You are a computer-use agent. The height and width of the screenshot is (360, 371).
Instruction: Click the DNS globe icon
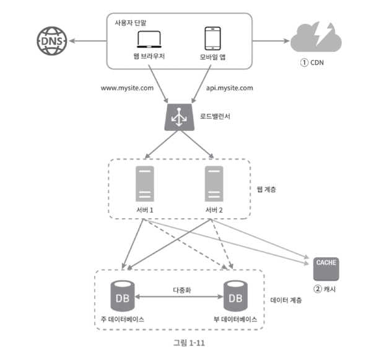click(x=52, y=41)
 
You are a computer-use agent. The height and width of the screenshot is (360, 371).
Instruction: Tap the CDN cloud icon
click(x=316, y=37)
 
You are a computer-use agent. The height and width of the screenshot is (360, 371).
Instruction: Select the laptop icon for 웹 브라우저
click(x=149, y=39)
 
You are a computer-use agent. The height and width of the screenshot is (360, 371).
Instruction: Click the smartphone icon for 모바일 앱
click(x=212, y=38)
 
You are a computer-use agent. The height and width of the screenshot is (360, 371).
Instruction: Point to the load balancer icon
click(x=180, y=117)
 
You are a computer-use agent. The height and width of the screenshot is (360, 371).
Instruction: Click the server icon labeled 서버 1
click(x=145, y=183)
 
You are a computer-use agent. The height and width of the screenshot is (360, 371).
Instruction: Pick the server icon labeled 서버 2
click(x=214, y=183)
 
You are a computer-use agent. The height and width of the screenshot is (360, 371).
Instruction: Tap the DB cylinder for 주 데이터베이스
click(x=123, y=296)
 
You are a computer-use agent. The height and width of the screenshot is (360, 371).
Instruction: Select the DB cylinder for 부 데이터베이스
click(x=235, y=296)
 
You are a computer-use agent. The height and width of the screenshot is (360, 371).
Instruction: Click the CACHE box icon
click(x=326, y=269)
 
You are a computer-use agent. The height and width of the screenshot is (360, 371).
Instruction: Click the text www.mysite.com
click(x=127, y=88)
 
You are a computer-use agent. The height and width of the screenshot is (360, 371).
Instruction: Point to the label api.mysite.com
click(x=230, y=88)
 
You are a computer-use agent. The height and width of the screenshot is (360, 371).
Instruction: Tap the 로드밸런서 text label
click(x=215, y=116)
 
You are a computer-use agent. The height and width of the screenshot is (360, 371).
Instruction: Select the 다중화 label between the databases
click(x=182, y=290)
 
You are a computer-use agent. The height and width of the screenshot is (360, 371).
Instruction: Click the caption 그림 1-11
click(x=189, y=343)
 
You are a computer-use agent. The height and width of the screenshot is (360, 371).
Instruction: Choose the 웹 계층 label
click(x=266, y=190)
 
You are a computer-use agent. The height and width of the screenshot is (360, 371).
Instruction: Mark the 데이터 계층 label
click(x=286, y=300)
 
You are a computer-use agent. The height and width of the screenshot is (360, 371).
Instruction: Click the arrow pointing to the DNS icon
click(x=88, y=41)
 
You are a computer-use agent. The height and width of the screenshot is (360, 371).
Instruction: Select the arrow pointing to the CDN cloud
click(x=271, y=41)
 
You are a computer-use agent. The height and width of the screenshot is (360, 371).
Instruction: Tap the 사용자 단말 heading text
click(x=131, y=23)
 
